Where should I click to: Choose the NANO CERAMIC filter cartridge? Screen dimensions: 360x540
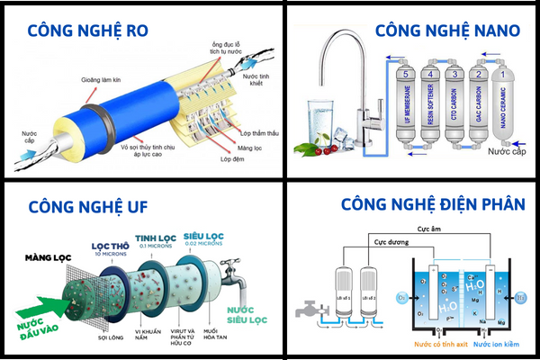[504, 106]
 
